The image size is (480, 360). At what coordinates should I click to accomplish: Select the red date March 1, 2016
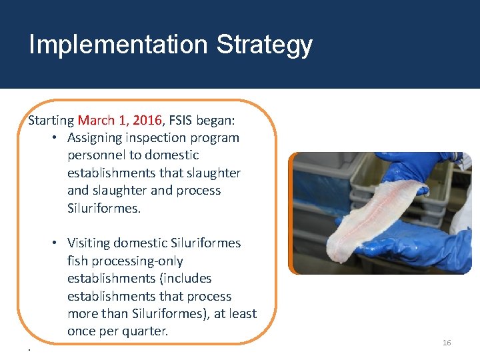[119, 121]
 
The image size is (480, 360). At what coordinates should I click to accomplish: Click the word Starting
[51, 121]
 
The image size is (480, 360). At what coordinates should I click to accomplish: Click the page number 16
[447, 343]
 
